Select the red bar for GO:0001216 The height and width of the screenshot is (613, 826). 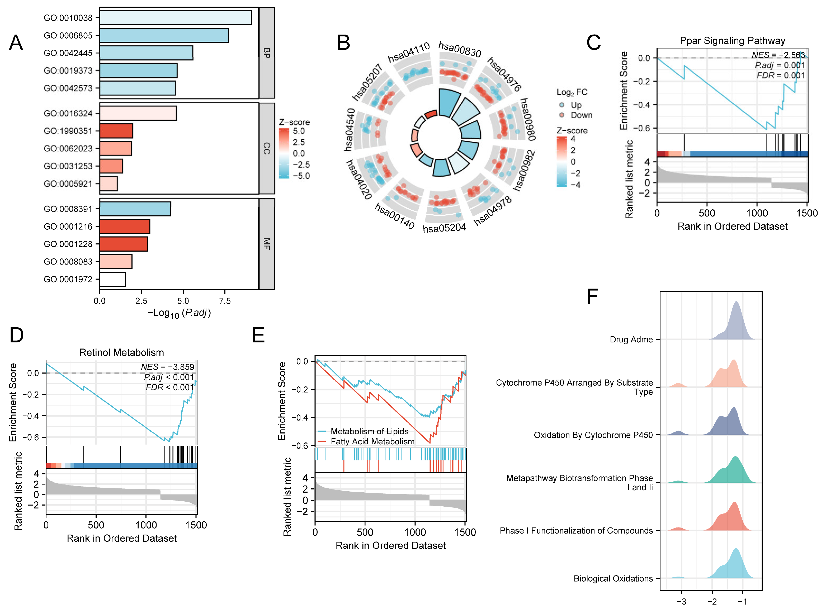point(125,226)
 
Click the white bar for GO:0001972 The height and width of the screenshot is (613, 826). point(112,279)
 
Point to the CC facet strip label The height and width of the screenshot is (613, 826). point(266,148)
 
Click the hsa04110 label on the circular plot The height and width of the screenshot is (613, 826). point(409,52)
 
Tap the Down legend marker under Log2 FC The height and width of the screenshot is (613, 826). point(562,115)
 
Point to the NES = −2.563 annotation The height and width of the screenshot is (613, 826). point(778,55)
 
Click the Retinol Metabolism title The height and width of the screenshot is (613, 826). point(122,352)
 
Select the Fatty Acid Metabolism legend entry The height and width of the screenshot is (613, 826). point(372,441)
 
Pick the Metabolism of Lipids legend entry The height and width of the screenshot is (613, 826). point(369,431)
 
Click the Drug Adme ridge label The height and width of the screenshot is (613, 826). point(631,339)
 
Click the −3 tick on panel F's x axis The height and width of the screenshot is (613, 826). point(681,601)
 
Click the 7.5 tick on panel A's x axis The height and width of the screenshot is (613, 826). point(225,301)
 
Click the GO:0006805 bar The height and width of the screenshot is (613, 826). point(164,35)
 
